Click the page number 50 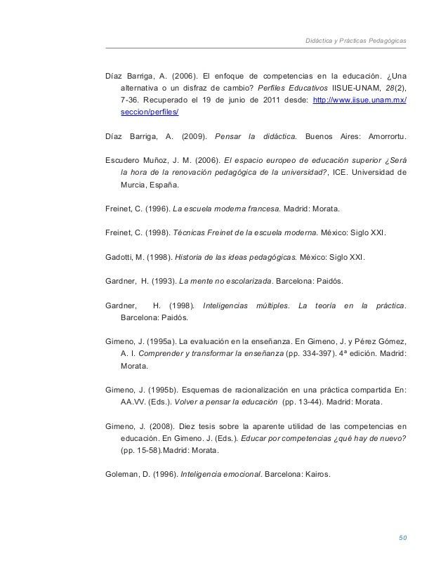point(402,538)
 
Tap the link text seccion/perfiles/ point(150,112)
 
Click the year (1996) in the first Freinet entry point(155,209)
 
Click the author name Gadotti point(119,256)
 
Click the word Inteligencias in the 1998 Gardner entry point(225,305)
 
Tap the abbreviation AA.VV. point(134,403)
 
